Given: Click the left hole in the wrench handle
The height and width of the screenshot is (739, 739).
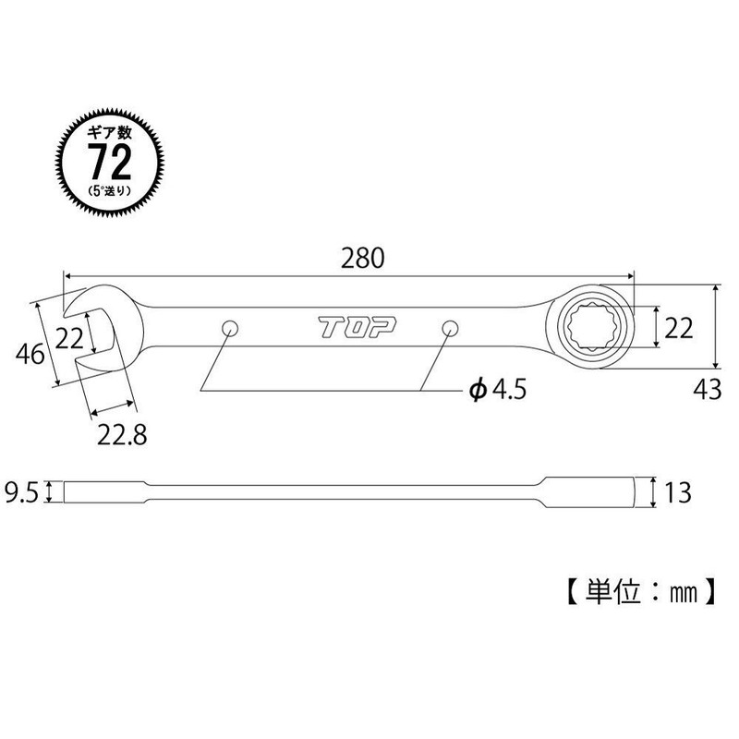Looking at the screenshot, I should (230, 328).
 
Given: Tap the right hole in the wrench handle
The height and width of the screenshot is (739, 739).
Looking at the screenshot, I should (450, 328).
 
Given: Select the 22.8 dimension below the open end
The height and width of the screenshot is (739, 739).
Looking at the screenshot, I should (125, 431).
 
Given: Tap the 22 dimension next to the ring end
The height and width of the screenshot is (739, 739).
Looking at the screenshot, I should (680, 327).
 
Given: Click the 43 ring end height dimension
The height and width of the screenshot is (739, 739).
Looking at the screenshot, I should (706, 391).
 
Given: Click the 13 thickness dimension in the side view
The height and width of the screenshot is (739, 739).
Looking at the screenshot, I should (678, 492).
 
